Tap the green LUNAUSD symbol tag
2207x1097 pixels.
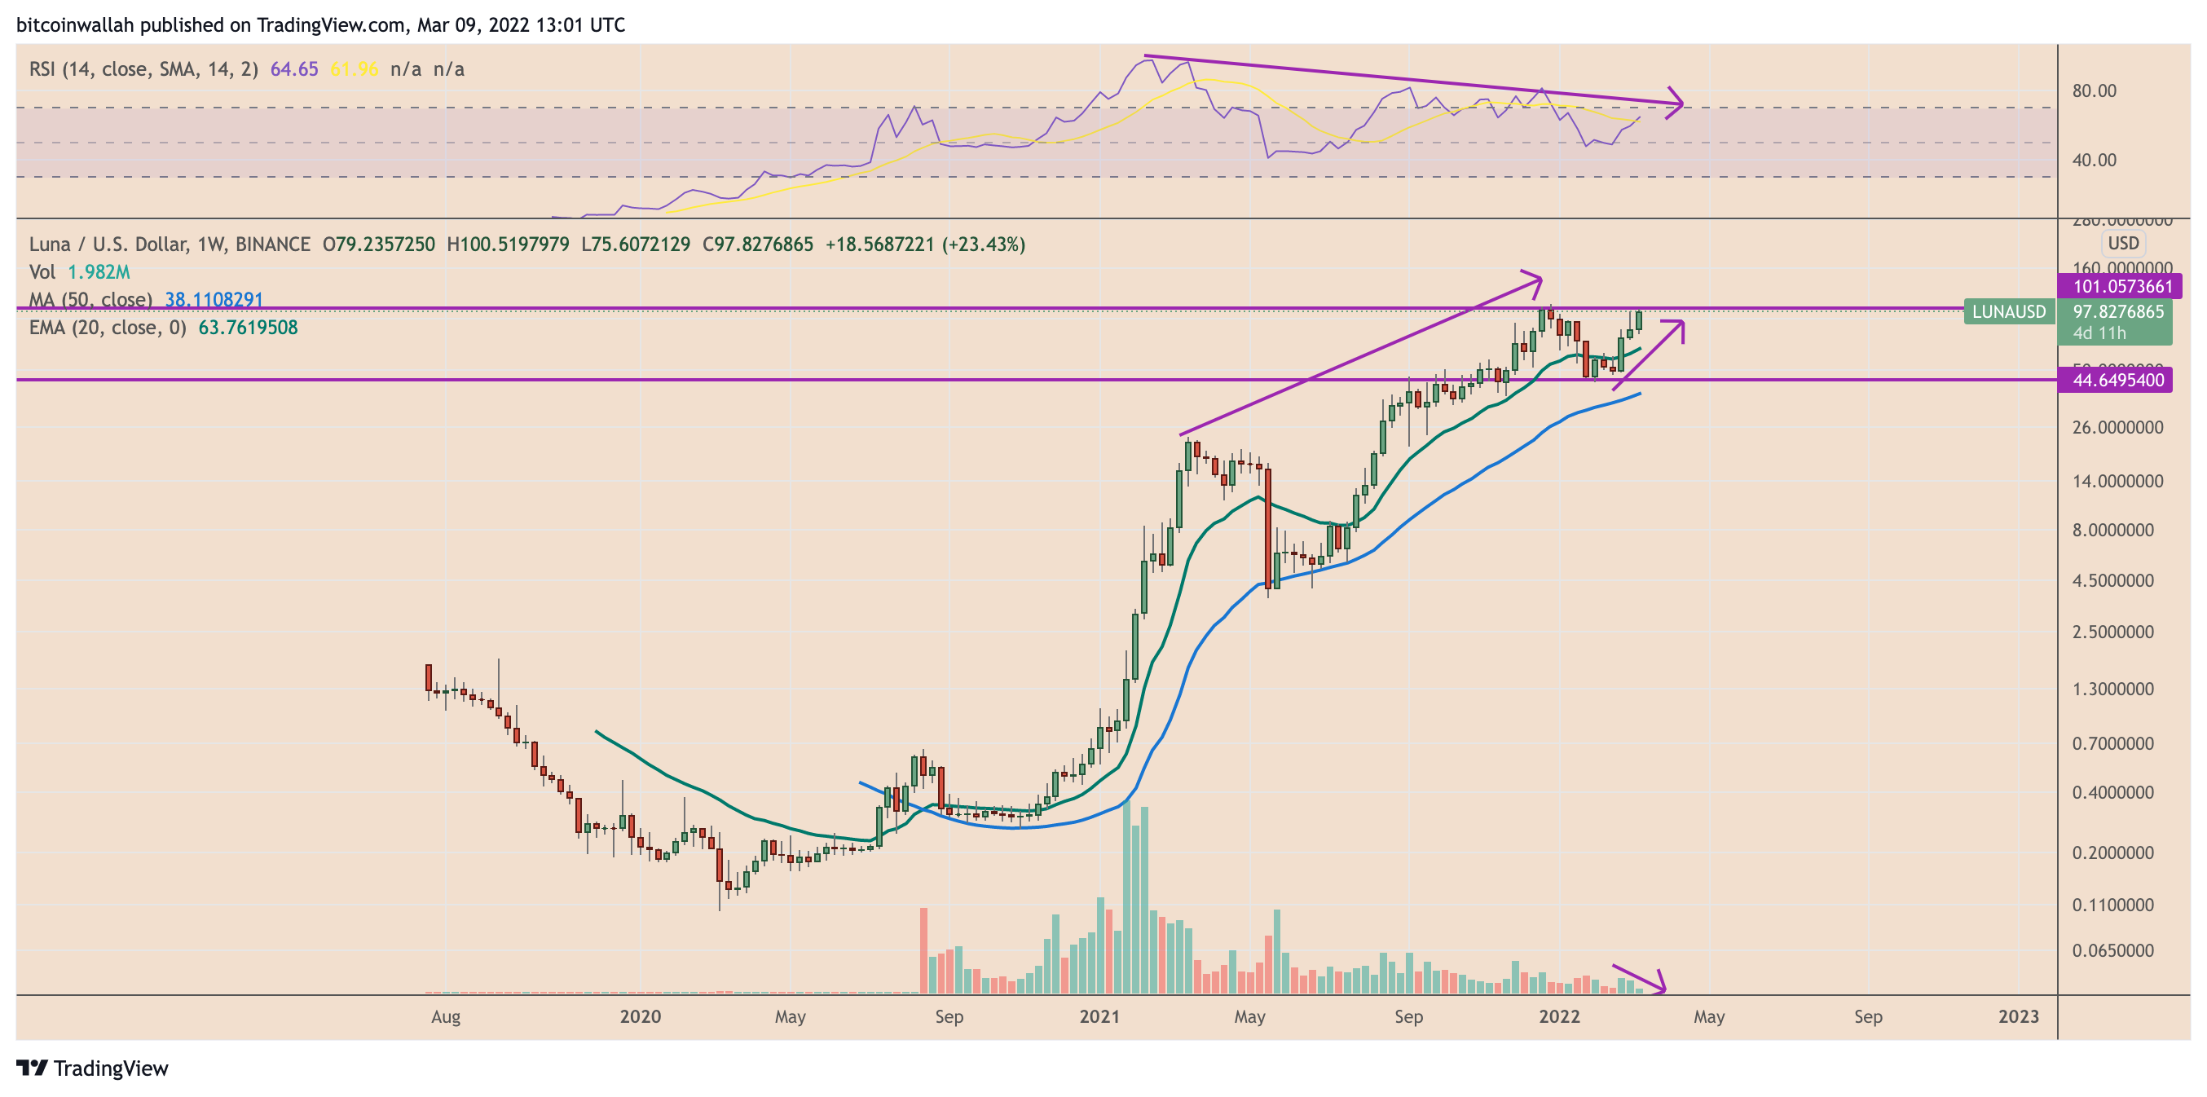pyautogui.click(x=2008, y=312)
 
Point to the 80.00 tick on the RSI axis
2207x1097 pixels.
pyautogui.click(x=2094, y=90)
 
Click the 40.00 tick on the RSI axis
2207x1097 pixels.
pyautogui.click(x=2094, y=161)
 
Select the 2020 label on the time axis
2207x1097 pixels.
pyautogui.click(x=640, y=1016)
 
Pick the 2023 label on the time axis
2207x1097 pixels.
pyautogui.click(x=2018, y=1016)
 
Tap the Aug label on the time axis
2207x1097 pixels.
pyautogui.click(x=446, y=1016)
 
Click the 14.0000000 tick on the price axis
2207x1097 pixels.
pyautogui.click(x=2117, y=482)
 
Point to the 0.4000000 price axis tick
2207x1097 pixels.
pyautogui.click(x=2112, y=793)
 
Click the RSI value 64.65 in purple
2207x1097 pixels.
pyautogui.click(x=294, y=69)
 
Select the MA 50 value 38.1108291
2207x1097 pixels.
pyautogui.click(x=214, y=300)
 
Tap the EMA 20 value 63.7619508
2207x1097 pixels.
pyautogui.click(x=248, y=328)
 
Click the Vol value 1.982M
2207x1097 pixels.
pyautogui.click(x=99, y=272)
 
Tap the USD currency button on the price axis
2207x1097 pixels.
pyautogui.click(x=2123, y=244)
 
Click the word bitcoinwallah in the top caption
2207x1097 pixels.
pyautogui.click(x=76, y=24)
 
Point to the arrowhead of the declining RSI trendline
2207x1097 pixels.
pyautogui.click(x=1677, y=104)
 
